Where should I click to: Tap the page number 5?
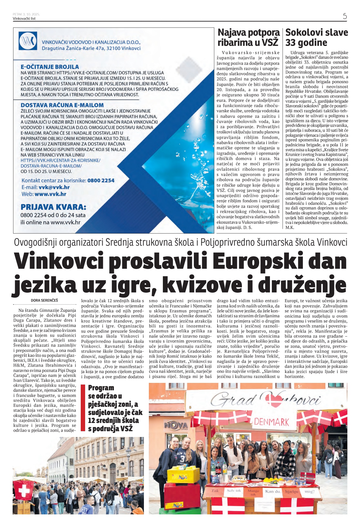[x=345, y=16]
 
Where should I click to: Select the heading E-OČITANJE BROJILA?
[x=50, y=67]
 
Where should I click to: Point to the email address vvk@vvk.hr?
[x=54, y=187]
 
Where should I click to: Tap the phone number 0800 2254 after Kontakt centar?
[x=101, y=181]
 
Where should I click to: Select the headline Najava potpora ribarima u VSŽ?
[x=248, y=37]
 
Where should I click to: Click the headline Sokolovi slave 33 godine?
[x=316, y=37]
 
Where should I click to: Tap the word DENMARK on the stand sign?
[x=271, y=422]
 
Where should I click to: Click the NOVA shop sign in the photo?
[x=176, y=426]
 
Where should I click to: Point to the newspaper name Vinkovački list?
[x=24, y=19]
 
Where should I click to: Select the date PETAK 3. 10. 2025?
[x=26, y=14]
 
